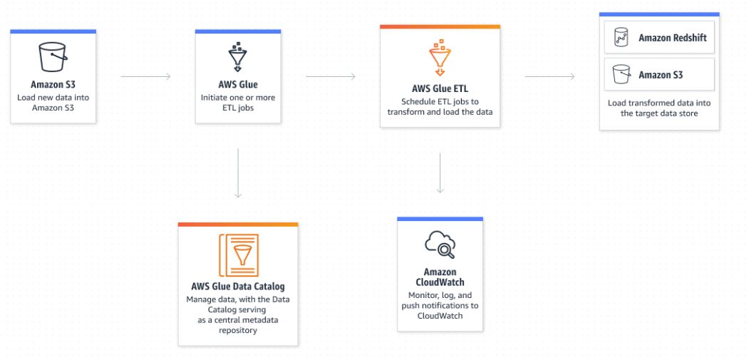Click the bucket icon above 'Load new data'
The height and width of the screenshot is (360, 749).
tap(53, 57)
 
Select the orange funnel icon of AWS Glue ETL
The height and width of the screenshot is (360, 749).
tap(440, 57)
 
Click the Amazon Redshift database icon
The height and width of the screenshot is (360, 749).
tap(621, 37)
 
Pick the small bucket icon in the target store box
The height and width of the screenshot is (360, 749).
tap(621, 75)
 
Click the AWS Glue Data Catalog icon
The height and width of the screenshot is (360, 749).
tap(238, 255)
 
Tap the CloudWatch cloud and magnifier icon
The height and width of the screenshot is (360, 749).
tap(440, 245)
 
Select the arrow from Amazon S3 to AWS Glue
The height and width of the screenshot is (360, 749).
tap(145, 76)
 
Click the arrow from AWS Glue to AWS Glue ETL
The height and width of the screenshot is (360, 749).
tap(331, 76)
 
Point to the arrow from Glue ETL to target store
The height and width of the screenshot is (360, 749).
tap(549, 76)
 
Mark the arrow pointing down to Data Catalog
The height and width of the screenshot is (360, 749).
tap(238, 173)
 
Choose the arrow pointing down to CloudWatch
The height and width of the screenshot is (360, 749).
tap(440, 173)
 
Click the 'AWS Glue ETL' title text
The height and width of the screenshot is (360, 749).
tap(440, 89)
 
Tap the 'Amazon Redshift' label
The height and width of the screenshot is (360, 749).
tap(673, 37)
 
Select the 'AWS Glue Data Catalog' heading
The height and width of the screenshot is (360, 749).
tap(238, 287)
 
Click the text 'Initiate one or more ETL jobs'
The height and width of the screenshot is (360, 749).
tap(238, 103)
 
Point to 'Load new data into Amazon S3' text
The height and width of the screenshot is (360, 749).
tap(53, 103)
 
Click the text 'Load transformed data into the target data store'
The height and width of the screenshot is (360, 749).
tap(659, 108)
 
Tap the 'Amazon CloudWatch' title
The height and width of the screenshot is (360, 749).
tap(440, 277)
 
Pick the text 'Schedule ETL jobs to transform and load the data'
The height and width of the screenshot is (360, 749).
tap(440, 107)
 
